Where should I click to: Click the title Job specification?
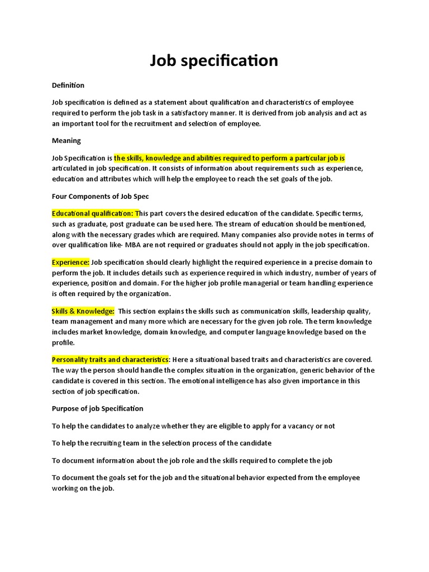pos(214,60)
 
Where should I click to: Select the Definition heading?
pos(68,85)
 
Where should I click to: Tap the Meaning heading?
pos(66,140)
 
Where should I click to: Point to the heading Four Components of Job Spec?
pos(101,196)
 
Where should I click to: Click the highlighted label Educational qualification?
pos(95,213)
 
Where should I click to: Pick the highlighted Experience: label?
pos(70,262)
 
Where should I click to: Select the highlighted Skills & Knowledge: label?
pos(83,311)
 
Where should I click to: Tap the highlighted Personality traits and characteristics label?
pos(110,360)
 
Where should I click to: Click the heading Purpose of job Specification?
pos(98,408)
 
